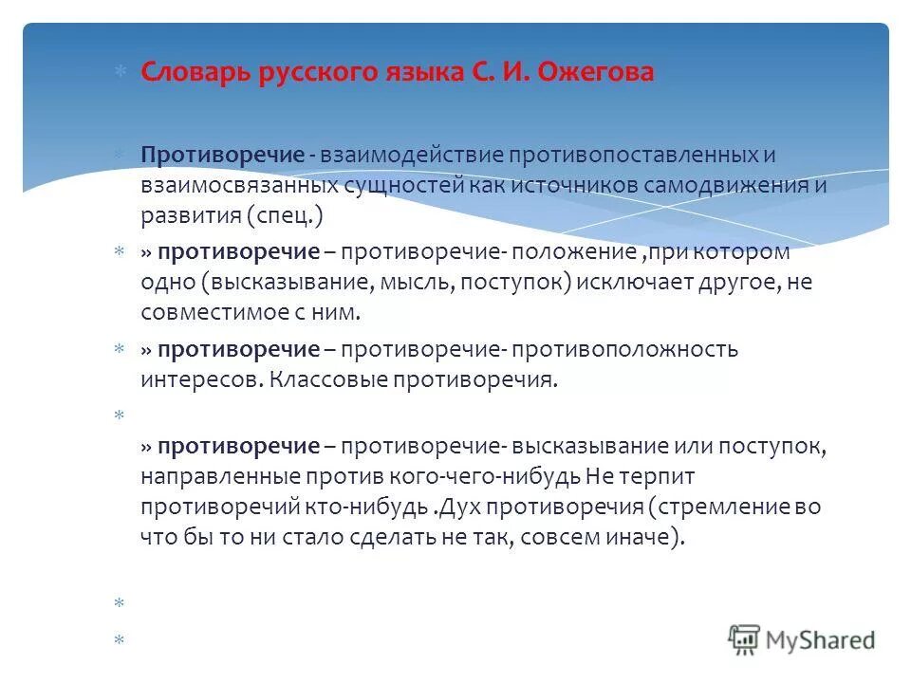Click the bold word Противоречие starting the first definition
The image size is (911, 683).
coord(223,155)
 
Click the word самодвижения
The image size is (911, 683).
coord(726,185)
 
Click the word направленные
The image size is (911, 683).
coord(206,476)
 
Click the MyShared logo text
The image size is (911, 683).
coord(821,639)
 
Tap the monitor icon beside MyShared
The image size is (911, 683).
coord(745,639)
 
